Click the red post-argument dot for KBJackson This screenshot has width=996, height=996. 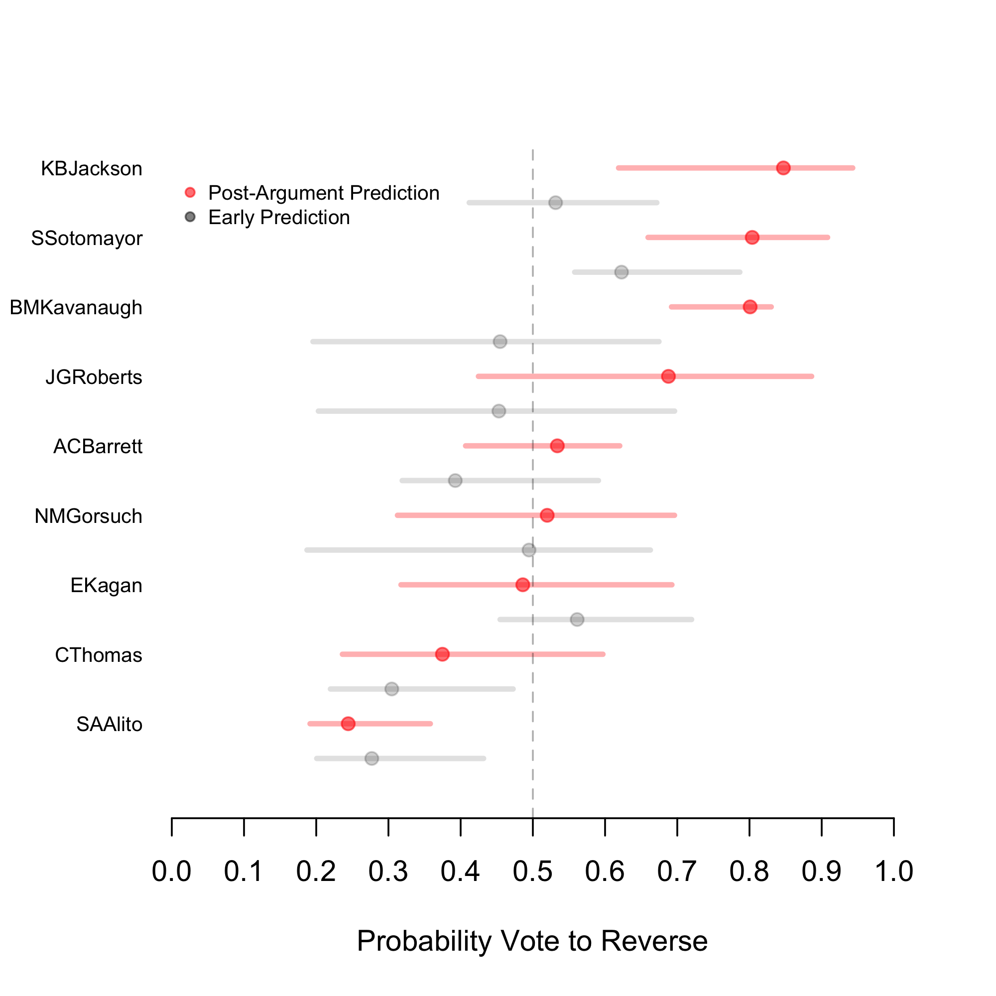click(783, 168)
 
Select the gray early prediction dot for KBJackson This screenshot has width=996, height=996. click(555, 203)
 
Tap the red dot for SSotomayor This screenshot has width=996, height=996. click(752, 237)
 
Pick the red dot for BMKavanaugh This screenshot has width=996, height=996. click(750, 307)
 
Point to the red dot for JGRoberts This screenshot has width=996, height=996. click(668, 376)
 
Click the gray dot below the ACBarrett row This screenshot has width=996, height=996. click(455, 481)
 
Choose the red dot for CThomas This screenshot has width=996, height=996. click(442, 654)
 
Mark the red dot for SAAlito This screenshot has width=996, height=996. click(349, 724)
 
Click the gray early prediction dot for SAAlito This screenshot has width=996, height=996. click(372, 758)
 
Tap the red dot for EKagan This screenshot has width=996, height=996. click(523, 585)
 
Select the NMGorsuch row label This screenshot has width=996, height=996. click(88, 516)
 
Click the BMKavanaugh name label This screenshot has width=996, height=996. click(76, 308)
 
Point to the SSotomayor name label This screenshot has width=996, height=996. click(87, 238)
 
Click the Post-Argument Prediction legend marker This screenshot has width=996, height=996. click(190, 192)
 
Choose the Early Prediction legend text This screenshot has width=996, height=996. click(279, 218)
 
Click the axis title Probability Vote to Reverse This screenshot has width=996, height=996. click(532, 941)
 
